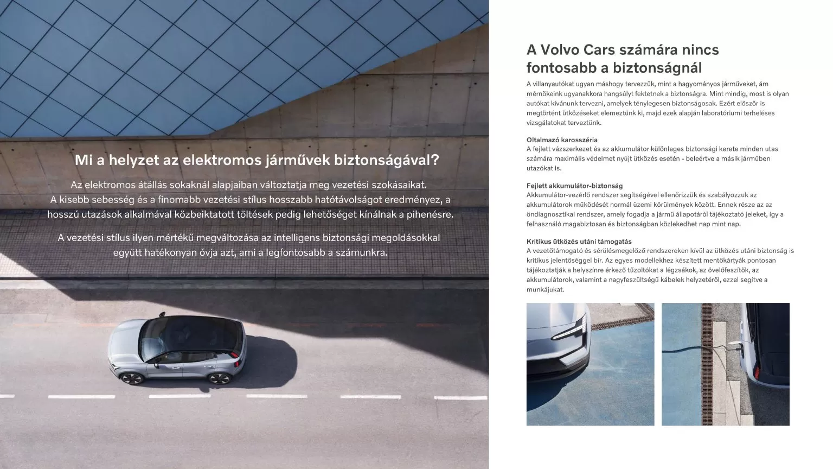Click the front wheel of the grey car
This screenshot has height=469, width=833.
coord(219,378)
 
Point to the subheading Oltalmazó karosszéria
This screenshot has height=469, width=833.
coord(562,140)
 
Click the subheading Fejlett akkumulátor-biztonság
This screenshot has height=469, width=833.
coord(574,186)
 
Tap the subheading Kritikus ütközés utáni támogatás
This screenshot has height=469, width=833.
coord(579,241)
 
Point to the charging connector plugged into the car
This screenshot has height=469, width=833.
coord(734,346)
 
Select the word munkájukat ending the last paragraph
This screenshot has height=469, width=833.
coord(545,289)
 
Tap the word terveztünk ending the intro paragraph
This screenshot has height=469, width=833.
coord(585,123)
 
